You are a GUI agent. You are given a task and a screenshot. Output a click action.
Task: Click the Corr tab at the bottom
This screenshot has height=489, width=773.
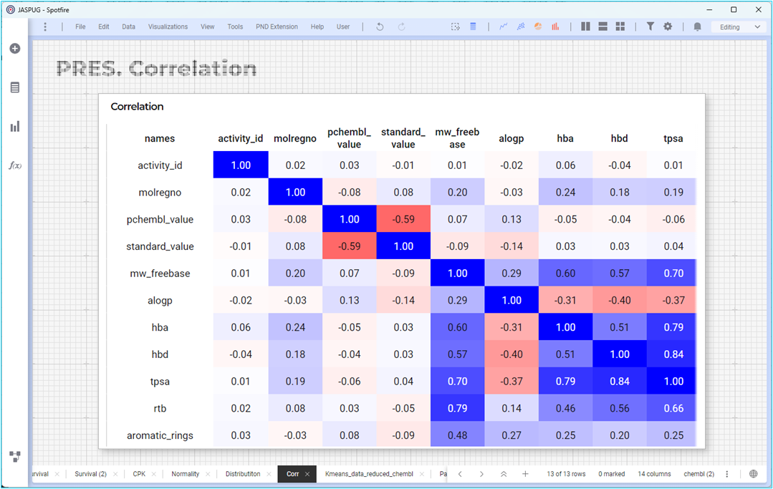pos(293,474)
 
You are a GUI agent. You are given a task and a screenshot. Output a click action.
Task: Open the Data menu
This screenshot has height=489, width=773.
pos(129,26)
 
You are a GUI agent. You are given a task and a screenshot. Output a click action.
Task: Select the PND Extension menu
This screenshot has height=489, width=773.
pos(277,26)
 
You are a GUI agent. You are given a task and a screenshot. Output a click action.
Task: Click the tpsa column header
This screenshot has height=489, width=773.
pos(673,138)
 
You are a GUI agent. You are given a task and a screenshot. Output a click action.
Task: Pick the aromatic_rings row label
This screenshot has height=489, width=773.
pos(160,435)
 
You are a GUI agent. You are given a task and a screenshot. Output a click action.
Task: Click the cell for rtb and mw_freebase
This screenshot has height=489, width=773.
pos(457,408)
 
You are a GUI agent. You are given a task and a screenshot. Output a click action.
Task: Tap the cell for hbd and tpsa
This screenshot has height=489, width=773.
pos(673,354)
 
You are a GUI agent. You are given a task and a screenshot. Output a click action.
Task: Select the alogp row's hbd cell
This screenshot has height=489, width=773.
pos(619,300)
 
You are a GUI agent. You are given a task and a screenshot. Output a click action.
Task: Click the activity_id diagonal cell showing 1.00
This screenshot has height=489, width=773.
pos(241,165)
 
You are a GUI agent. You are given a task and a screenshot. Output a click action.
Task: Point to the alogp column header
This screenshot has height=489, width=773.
pos(511,138)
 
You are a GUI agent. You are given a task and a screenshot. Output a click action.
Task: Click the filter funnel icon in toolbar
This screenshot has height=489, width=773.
pos(650,26)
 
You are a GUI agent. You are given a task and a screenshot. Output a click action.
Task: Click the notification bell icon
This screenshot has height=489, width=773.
pos(697,26)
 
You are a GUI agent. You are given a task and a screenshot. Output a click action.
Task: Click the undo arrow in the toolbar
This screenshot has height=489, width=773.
pos(380,26)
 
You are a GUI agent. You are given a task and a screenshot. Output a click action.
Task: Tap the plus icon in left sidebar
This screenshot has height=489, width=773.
pos(15,48)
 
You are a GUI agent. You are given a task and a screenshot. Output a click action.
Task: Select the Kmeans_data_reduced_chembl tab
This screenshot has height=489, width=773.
pos(369,474)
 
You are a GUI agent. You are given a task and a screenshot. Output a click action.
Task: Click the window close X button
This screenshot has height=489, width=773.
pos(758,9)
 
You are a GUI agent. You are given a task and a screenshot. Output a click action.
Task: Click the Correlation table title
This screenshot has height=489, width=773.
pos(137,107)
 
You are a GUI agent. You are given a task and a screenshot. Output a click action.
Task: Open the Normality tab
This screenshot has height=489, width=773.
pos(186,474)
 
